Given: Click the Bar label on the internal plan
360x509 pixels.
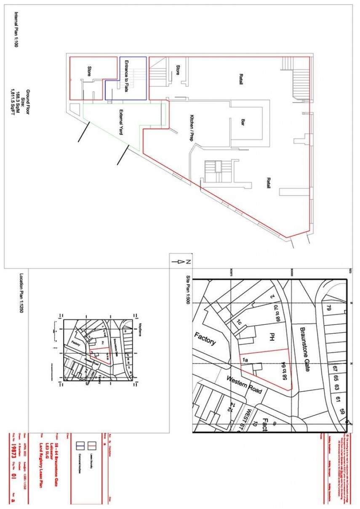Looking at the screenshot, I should [243, 123].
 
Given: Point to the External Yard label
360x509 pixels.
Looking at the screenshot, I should [121, 122].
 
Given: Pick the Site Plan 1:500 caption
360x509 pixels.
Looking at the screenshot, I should [188, 290].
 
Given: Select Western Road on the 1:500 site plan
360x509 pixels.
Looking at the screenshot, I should [245, 384].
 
